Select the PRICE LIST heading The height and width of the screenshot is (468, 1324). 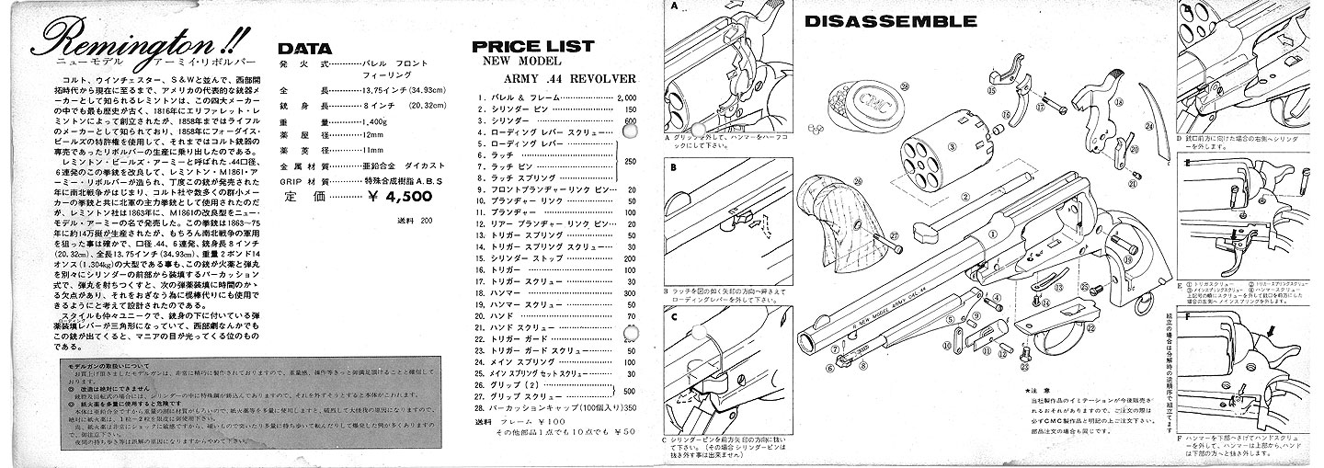(533, 46)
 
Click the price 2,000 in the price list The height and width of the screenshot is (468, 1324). (628, 97)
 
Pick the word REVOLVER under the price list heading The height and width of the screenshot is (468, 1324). (604, 78)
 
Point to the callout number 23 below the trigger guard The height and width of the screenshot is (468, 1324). (1024, 365)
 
